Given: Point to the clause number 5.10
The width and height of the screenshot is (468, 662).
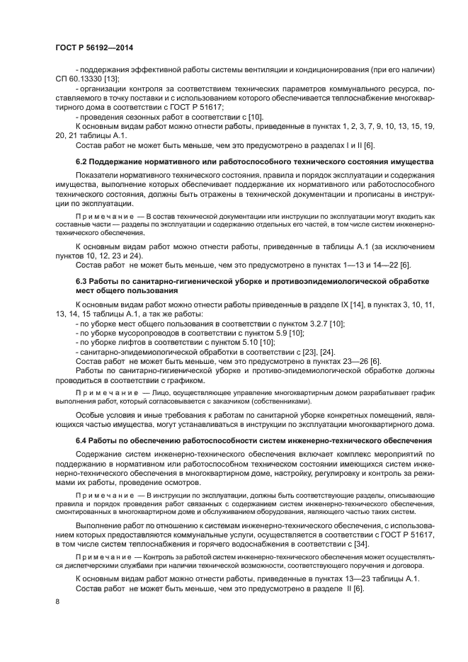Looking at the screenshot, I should click(x=246, y=342).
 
